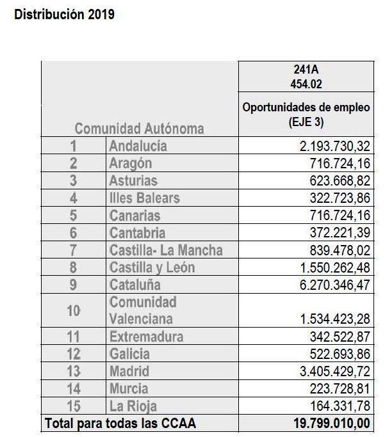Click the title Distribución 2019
[64, 15]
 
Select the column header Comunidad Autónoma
[139, 129]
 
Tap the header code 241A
[306, 69]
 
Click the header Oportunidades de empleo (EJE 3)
[306, 115]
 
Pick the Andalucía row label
[138, 146]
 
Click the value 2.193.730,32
[335, 147]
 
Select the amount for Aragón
[340, 164]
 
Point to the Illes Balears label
[145, 198]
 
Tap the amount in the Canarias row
[340, 216]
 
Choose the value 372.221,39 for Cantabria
[340, 233]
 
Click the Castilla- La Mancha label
[166, 250]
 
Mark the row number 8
[73, 267]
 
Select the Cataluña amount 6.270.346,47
[335, 285]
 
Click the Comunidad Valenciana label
[143, 310]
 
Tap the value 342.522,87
[340, 337]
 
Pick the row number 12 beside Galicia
[74, 354]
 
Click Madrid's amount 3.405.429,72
[335, 371]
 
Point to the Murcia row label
[129, 388]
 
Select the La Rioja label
[133, 406]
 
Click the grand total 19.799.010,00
[332, 424]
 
